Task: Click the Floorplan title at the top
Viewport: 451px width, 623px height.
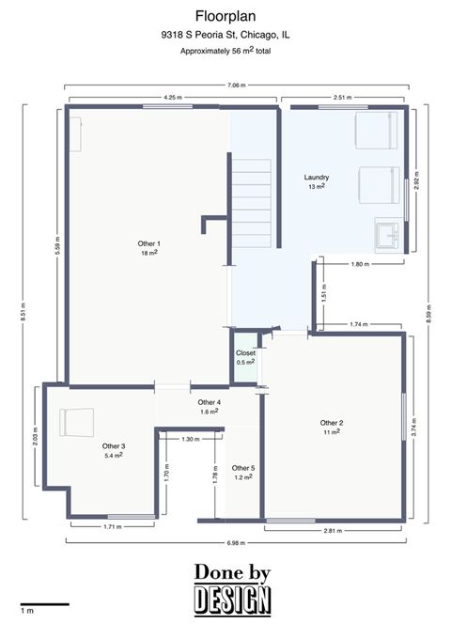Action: coord(225,16)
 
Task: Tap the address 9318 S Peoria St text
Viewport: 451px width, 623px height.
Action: coord(225,35)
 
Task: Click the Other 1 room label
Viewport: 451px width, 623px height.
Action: coord(148,247)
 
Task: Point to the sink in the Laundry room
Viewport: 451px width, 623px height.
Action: coord(386,233)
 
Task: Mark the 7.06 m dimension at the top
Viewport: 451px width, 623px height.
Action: coord(236,86)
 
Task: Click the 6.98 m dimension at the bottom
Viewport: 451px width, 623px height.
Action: coord(236,542)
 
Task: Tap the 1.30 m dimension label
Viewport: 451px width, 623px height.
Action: coord(190,439)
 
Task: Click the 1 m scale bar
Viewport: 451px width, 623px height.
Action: coord(44,604)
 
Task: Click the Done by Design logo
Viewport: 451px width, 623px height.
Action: coord(233,588)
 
